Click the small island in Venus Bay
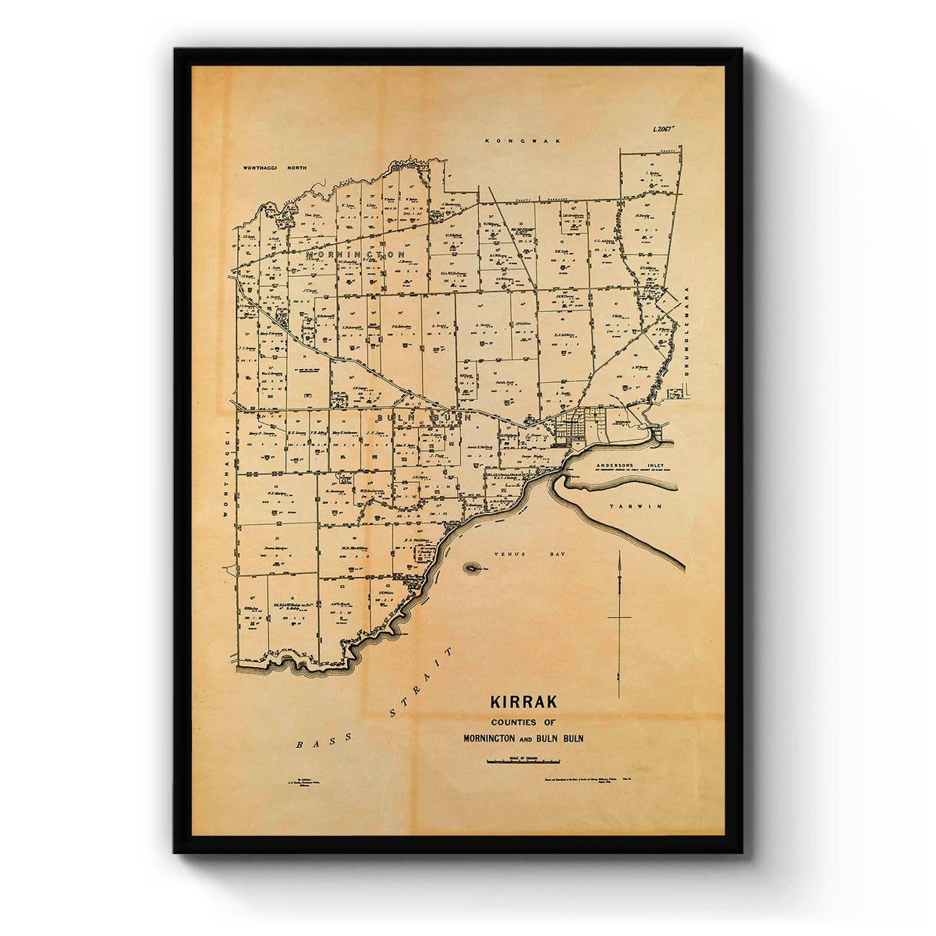(x=472, y=569)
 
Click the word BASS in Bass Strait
(x=314, y=743)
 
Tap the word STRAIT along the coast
(x=421, y=681)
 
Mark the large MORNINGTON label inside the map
(x=356, y=255)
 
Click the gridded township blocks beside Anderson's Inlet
(x=577, y=425)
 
